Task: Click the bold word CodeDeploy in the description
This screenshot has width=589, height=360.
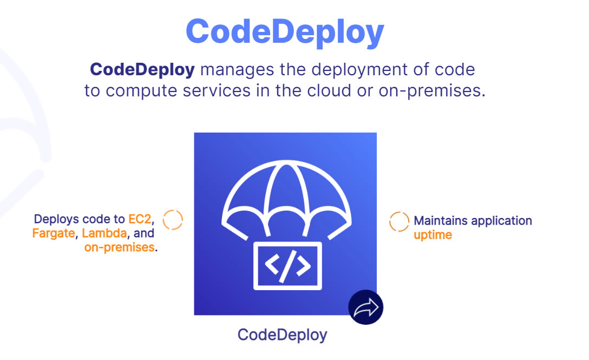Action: [x=142, y=70]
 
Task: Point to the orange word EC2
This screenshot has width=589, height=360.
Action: [x=140, y=219]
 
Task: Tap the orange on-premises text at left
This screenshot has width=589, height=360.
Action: [x=119, y=248]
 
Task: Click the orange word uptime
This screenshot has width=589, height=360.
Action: [x=433, y=235]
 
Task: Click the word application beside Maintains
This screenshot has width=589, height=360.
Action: [x=501, y=221]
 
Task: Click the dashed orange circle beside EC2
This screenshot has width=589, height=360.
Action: [x=173, y=220]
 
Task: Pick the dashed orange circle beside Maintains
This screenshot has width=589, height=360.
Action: [x=400, y=221]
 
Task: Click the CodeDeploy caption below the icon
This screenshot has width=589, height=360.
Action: [x=282, y=335]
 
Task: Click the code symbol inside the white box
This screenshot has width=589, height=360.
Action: [x=287, y=265]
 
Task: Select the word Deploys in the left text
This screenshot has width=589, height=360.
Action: [x=56, y=219]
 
